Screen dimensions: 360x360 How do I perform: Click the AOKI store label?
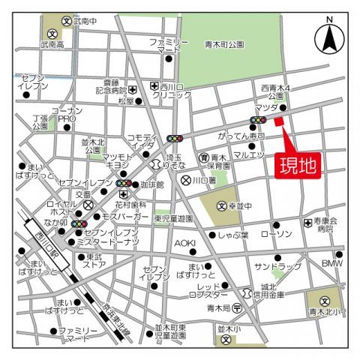coord(184,243)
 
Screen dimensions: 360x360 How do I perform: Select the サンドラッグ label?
coord(272,266)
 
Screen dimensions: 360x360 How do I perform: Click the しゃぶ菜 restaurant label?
coord(233,235)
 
